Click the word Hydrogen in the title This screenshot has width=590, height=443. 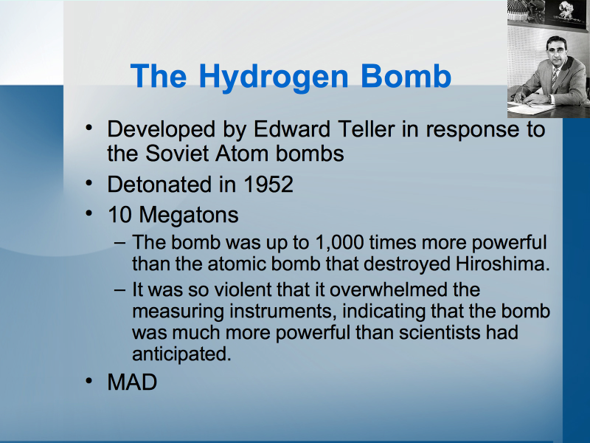click(274, 78)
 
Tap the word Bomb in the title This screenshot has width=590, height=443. click(406, 76)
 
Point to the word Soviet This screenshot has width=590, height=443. click(177, 154)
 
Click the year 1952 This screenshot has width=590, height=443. click(268, 184)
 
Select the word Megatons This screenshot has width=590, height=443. click(189, 216)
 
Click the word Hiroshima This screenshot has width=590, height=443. click(503, 264)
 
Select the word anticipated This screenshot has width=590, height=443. click(181, 354)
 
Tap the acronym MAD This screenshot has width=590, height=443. click(132, 382)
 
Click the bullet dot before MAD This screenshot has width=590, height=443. click(88, 381)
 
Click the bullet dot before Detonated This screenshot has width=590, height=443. click(88, 183)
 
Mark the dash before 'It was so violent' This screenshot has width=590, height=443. click(119, 289)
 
